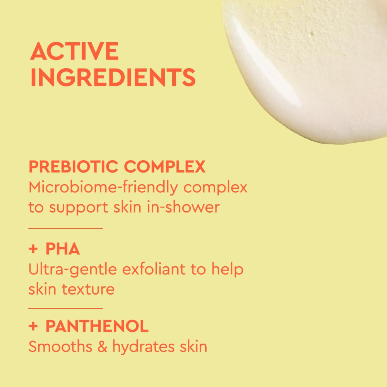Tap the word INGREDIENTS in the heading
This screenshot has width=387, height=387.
(x=113, y=77)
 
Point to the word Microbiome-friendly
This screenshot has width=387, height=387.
(x=103, y=188)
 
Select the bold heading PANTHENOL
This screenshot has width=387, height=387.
(x=97, y=327)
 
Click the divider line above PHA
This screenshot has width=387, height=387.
(x=65, y=228)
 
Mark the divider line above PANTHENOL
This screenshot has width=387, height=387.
(x=65, y=308)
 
